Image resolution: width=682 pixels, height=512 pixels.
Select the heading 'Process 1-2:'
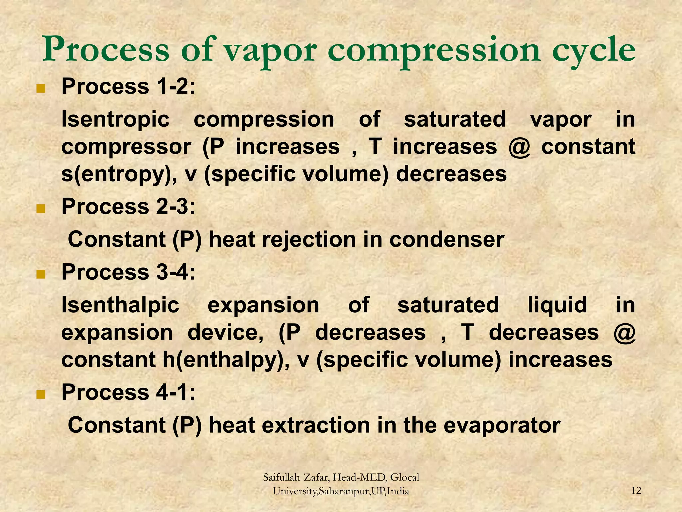(128, 86)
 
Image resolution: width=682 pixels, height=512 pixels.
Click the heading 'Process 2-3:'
(128, 206)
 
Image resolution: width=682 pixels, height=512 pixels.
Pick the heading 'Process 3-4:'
(128, 272)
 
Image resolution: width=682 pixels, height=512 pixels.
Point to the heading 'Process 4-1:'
(128, 392)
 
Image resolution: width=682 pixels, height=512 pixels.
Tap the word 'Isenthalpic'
(120, 305)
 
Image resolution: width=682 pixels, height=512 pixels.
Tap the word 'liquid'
(557, 305)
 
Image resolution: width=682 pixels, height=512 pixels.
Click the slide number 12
(636, 491)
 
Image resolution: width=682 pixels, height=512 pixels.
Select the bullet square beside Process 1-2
(41, 89)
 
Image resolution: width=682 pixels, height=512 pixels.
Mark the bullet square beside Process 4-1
(41, 394)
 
